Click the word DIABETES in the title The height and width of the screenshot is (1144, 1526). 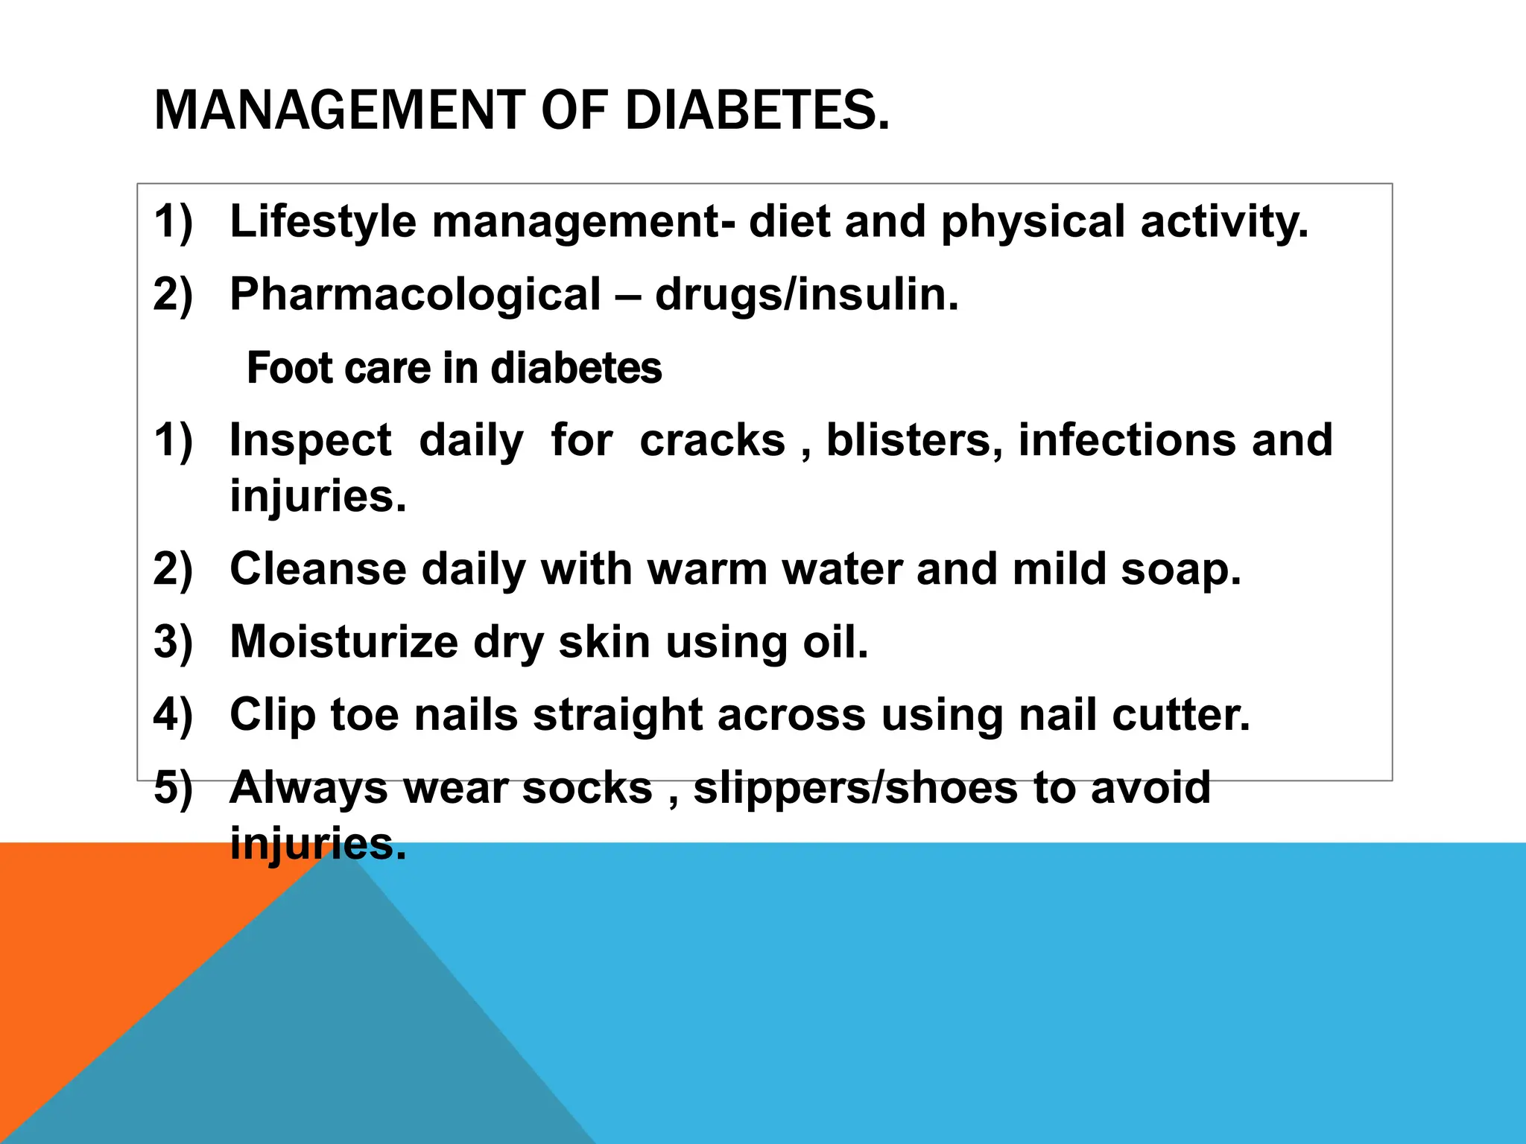point(757,110)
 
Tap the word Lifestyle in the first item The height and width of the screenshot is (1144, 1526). point(323,222)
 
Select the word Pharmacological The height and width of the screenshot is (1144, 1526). point(415,294)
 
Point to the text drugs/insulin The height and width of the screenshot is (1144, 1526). point(806,294)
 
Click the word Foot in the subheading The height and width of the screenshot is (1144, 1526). point(285,368)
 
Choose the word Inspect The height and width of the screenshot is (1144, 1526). point(310,441)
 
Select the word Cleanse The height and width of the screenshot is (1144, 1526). point(318,569)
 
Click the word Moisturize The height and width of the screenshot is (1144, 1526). point(343,642)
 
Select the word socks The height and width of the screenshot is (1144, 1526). point(587,788)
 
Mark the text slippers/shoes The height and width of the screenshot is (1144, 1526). point(855,788)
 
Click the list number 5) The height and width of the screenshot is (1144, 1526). point(173,788)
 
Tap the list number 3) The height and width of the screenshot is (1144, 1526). point(173,642)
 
